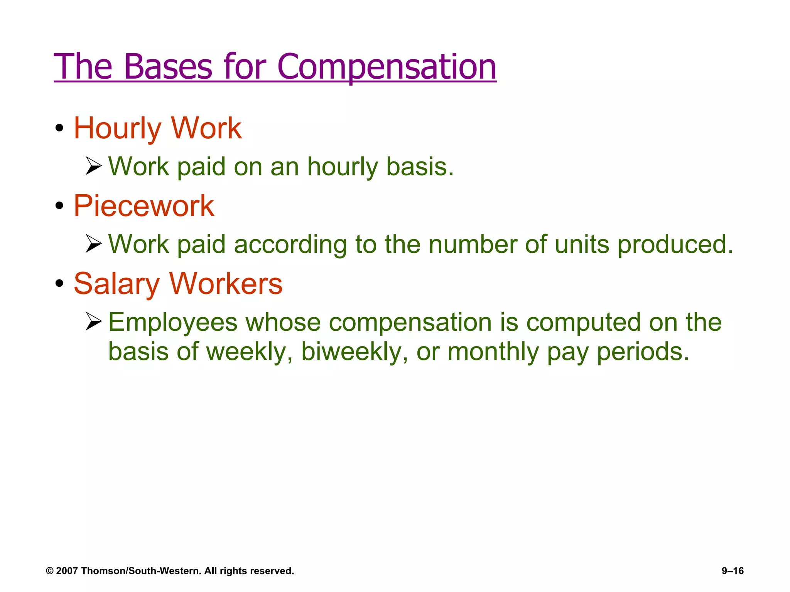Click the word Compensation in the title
pyautogui.click(x=387, y=67)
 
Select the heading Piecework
pyautogui.click(x=144, y=206)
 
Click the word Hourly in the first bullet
pyautogui.click(x=117, y=129)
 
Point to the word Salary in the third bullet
pyautogui.click(x=116, y=284)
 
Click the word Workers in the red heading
pyautogui.click(x=226, y=284)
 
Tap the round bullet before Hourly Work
pyautogui.click(x=59, y=128)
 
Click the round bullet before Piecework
pyautogui.click(x=59, y=206)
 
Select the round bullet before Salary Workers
pyautogui.click(x=59, y=284)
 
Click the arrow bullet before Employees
pyautogui.click(x=93, y=321)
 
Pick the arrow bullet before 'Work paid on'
pyautogui.click(x=93, y=166)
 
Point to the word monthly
pyautogui.click(x=493, y=352)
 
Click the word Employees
pyautogui.click(x=172, y=322)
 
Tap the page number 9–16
pyautogui.click(x=733, y=571)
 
